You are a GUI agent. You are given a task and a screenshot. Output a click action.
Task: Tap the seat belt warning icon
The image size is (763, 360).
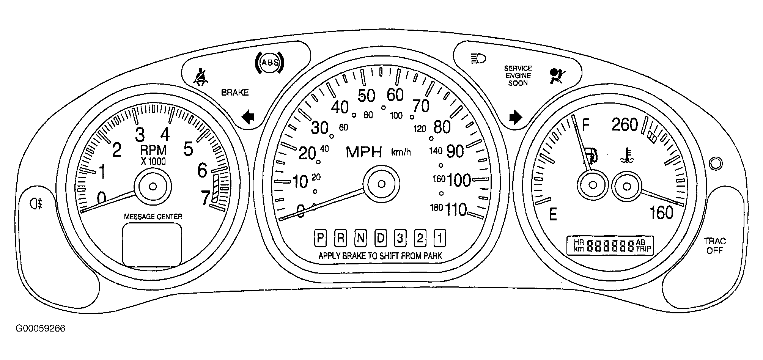click(x=201, y=77)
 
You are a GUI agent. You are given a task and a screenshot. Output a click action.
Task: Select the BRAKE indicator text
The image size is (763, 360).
click(x=235, y=93)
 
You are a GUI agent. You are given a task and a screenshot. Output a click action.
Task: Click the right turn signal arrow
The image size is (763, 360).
click(x=516, y=117)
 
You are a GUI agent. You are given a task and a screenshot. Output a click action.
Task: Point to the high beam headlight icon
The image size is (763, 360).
click(x=478, y=59)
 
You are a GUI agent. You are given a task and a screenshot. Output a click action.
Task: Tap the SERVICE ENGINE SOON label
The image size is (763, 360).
click(x=518, y=75)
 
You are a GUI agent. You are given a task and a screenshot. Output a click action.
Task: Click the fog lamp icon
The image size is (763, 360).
click(x=37, y=204)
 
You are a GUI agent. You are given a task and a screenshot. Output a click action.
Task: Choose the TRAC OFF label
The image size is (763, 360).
click(x=715, y=245)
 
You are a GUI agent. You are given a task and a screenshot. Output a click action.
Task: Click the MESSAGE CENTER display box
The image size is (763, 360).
click(x=152, y=245)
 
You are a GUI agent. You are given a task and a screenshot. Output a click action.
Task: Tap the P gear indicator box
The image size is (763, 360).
click(x=321, y=238)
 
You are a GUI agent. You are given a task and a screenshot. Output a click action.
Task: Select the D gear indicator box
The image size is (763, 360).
click(x=380, y=238)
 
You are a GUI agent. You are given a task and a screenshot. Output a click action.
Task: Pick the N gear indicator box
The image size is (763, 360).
click(x=360, y=238)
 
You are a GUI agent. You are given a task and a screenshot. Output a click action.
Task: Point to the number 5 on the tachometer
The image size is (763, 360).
click(x=188, y=149)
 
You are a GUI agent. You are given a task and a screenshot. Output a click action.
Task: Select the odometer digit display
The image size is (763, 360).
click(x=611, y=246)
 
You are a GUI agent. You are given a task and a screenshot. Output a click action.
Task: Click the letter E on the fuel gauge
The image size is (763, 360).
click(x=553, y=215)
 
